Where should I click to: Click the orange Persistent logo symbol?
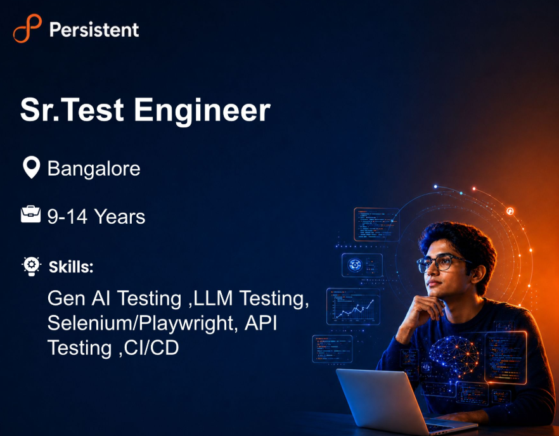coord(27,29)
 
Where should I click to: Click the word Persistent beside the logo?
coord(94,30)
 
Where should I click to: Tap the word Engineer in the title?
coord(202,111)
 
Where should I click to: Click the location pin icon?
coord(32,167)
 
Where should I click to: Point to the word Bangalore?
coord(94,169)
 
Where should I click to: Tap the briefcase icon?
coord(30,214)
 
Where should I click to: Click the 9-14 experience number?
coord(67,217)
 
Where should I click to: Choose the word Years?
coord(120,217)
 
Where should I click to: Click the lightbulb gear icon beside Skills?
coord(32,266)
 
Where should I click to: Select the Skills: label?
coord(71,267)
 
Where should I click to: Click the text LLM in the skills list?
coord(213,298)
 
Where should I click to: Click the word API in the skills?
coord(260,323)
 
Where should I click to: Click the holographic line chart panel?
coord(353,307)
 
